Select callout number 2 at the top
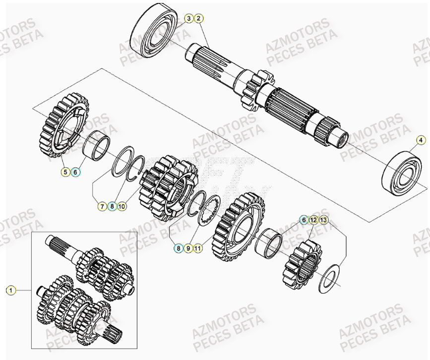click(x=198, y=19)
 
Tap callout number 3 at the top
click(x=188, y=19)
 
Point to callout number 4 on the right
click(x=421, y=140)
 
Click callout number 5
click(x=65, y=172)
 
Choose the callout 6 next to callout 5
click(x=75, y=172)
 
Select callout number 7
click(x=102, y=206)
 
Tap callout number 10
click(x=122, y=206)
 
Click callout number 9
click(x=188, y=248)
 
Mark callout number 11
click(x=198, y=248)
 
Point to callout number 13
click(x=323, y=219)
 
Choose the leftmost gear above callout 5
click(x=63, y=123)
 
